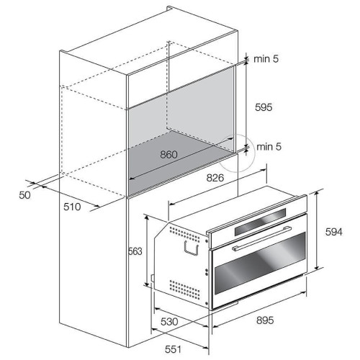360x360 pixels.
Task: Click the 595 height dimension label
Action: click(264, 107)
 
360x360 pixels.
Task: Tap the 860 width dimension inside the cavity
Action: click(168, 155)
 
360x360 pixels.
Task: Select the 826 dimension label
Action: click(215, 178)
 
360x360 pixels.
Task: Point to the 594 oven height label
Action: click(334, 232)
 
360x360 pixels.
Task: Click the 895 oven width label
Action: click(265, 320)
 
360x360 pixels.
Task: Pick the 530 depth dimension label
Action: click(169, 322)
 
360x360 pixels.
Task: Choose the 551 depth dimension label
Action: click(173, 349)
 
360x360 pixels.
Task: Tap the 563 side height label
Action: click(135, 251)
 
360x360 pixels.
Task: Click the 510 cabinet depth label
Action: click(72, 207)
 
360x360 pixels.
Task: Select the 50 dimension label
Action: click(24, 195)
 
